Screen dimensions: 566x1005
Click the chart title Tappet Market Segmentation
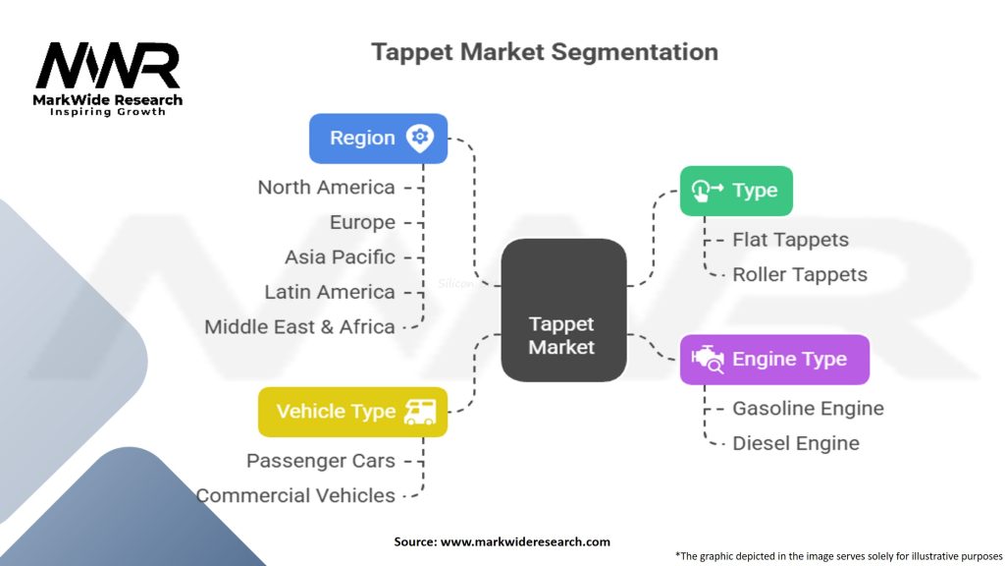[x=545, y=52]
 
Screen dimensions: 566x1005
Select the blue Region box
[x=378, y=138]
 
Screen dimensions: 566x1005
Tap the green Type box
[x=736, y=191]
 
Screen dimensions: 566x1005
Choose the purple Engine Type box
[x=774, y=359]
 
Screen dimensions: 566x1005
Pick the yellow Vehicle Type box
[x=351, y=412]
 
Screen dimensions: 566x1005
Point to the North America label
[x=326, y=187]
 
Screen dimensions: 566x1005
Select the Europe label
[x=362, y=222]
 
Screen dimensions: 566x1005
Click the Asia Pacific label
[x=340, y=256]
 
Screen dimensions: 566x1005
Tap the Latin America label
[x=330, y=292]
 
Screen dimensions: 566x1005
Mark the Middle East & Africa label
[x=299, y=326]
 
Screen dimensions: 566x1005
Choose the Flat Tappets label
[x=790, y=240]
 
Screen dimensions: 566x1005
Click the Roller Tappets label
[x=800, y=274]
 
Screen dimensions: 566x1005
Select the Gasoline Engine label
[x=808, y=408]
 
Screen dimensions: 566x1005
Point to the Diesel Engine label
[x=796, y=443]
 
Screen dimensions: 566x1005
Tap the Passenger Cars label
[x=321, y=461]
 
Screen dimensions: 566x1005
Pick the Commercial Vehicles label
[x=296, y=495]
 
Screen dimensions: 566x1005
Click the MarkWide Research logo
[x=108, y=79]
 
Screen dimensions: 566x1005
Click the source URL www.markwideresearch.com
[x=525, y=541]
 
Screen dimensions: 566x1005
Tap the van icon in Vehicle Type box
[x=421, y=412]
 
